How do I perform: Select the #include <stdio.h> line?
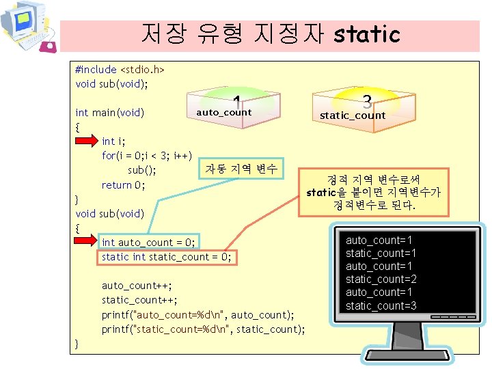coord(120,70)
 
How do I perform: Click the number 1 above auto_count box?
coord(235,100)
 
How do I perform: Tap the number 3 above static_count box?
coord(367,102)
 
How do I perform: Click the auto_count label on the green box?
coord(223,112)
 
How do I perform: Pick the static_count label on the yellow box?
coord(353,115)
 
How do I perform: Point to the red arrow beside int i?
coord(87,141)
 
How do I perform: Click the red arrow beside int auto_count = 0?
coord(87,242)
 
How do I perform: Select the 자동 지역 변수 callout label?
coord(241,169)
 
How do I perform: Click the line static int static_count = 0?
coord(167,257)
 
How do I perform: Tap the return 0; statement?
coord(123,184)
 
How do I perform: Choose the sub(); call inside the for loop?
coord(141,170)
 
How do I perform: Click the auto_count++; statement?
coord(137,286)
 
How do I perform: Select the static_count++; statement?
coord(139,300)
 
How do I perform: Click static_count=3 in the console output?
coord(381,305)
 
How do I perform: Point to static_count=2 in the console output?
coord(381,279)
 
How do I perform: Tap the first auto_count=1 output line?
coord(379,241)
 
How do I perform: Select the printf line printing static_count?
coord(203,329)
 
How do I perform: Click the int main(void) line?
coord(109,112)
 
